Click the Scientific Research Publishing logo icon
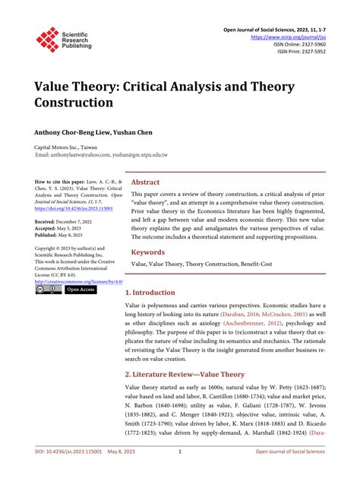pos(48,40)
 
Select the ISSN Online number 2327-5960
pos(309,45)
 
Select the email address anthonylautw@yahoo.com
pos(83,155)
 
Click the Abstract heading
pos(145,182)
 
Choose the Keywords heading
pos(149,252)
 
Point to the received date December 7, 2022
pos(81,221)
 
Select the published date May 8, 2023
pos(76,236)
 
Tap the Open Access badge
pos(81,290)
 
